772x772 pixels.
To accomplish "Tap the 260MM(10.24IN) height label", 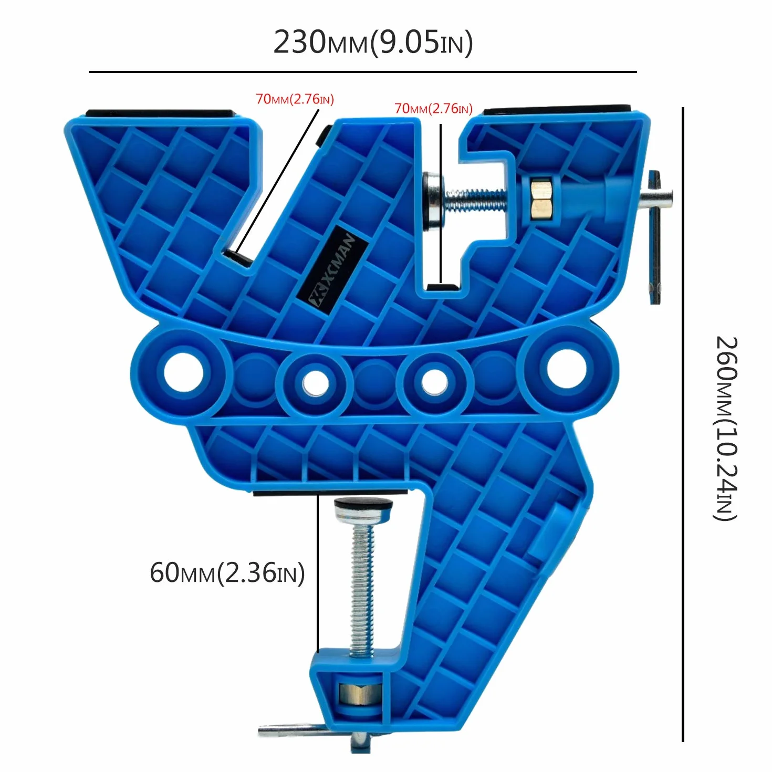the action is point(726,429).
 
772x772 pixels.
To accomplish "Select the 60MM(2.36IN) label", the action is point(227,573).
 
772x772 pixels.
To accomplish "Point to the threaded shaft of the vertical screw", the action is point(362,589).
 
